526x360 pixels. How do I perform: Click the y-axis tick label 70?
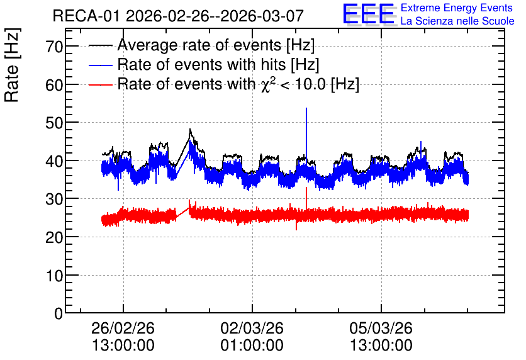pos(54,47)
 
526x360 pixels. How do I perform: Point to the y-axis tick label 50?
pos(54,123)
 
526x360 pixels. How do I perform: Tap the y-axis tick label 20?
pos(54,238)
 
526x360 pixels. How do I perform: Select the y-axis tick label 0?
pos(59,313)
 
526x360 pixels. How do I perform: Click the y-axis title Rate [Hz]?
pos(12,65)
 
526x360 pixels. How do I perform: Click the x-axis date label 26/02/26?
pos(123,328)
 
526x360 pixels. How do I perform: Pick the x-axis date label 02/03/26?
pos(252,328)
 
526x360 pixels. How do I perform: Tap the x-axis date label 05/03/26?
pos(381,328)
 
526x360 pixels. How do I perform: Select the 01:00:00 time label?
pos(252,346)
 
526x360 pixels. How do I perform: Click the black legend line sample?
pos(100,46)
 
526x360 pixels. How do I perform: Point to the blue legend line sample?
pos(100,65)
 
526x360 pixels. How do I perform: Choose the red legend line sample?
pos(100,84)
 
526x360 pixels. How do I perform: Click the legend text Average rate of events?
pos(199,45)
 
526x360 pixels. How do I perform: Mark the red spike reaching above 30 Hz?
pos(306,198)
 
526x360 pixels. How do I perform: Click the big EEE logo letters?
pos(369,14)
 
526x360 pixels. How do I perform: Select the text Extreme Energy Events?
pos(457,8)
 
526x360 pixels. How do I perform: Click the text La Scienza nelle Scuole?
pos(457,21)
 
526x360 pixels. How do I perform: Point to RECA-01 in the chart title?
pos(86,16)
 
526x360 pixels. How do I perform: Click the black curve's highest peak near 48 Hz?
pos(190,129)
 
